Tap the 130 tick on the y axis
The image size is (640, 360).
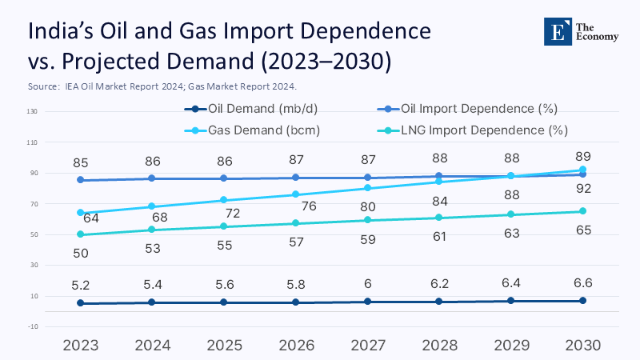tap(33, 111)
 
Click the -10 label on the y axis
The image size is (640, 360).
tap(33, 326)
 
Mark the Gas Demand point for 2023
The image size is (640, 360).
tap(81, 213)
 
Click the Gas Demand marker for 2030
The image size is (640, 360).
tap(582, 170)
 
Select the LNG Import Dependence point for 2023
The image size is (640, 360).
tap(81, 234)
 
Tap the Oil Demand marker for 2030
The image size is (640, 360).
tap(582, 300)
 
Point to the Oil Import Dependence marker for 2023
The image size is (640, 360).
tap(81, 180)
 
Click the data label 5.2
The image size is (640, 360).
tap(80, 284)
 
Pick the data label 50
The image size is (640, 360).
tap(80, 254)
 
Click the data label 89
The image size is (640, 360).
tap(582, 156)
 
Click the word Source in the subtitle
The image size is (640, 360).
tap(41, 86)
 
